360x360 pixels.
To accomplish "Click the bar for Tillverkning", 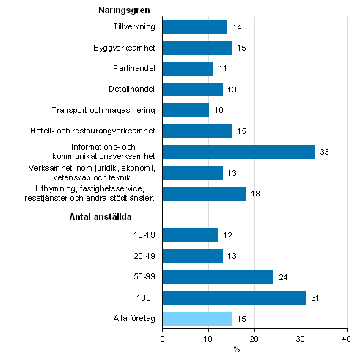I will [x=194, y=27].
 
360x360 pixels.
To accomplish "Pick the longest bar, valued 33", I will [x=238, y=152].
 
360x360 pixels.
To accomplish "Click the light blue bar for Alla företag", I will [x=196, y=318].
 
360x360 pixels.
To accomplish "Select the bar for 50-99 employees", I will [x=218, y=276].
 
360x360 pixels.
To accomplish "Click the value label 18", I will [x=256, y=194].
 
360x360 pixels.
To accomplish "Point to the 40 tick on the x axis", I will [x=347, y=339].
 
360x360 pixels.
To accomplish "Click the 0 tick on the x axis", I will [x=162, y=339].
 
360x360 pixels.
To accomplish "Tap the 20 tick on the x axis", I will [x=254, y=339].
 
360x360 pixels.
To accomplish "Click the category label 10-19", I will [x=144, y=235].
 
